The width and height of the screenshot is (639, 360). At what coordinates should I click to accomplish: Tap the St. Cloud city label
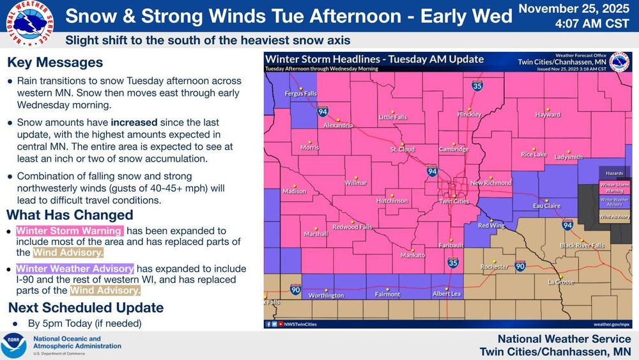coord(403,150)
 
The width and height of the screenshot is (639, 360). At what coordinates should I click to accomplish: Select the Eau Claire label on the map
coord(546,206)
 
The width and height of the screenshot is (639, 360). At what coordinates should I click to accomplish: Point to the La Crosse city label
coord(560,281)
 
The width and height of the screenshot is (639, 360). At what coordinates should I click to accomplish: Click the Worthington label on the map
coord(326,295)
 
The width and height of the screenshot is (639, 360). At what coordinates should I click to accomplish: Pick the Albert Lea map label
coord(447,293)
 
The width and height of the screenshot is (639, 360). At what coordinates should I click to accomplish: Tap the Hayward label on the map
coord(548,115)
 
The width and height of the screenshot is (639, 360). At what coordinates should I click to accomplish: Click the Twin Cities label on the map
coord(454,201)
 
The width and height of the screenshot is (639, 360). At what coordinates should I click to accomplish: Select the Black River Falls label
coord(582,246)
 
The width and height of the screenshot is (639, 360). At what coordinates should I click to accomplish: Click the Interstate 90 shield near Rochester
coord(521,265)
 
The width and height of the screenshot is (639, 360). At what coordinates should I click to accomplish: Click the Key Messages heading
coord(55,63)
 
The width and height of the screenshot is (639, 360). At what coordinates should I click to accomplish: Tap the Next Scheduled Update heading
coord(86,308)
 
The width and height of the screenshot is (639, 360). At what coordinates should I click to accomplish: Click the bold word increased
coord(133,122)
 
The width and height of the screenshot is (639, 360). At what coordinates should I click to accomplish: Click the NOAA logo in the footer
coord(13,345)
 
